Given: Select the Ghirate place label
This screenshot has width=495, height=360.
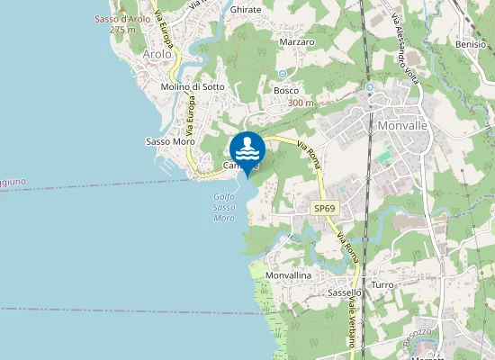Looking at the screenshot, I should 246,10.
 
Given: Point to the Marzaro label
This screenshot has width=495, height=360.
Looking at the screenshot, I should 297,42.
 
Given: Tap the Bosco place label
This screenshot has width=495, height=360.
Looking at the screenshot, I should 285,91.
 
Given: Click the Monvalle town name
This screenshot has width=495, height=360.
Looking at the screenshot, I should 407,126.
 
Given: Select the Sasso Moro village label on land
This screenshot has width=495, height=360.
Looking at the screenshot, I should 171,142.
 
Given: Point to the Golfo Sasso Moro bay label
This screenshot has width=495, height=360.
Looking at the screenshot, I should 224,208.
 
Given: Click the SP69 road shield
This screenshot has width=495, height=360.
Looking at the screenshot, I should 324,208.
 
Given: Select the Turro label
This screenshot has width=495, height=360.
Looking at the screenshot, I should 382,284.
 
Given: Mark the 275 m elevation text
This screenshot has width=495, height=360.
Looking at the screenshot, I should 122,30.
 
